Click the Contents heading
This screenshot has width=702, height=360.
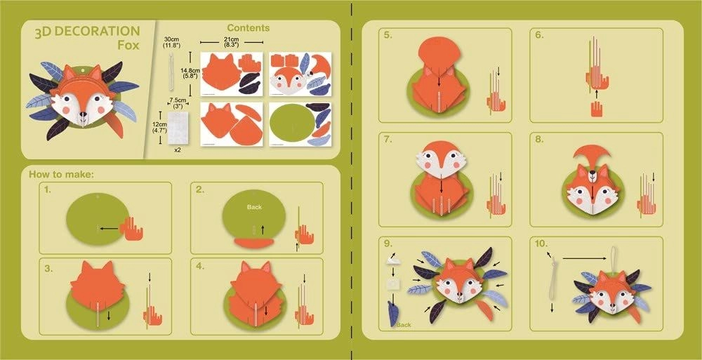tap(248, 28)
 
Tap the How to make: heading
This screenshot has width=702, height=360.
tap(62, 174)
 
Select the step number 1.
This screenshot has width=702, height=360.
tap(47, 190)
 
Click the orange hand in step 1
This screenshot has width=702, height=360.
tap(131, 229)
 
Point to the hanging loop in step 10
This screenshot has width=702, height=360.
tap(614, 256)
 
